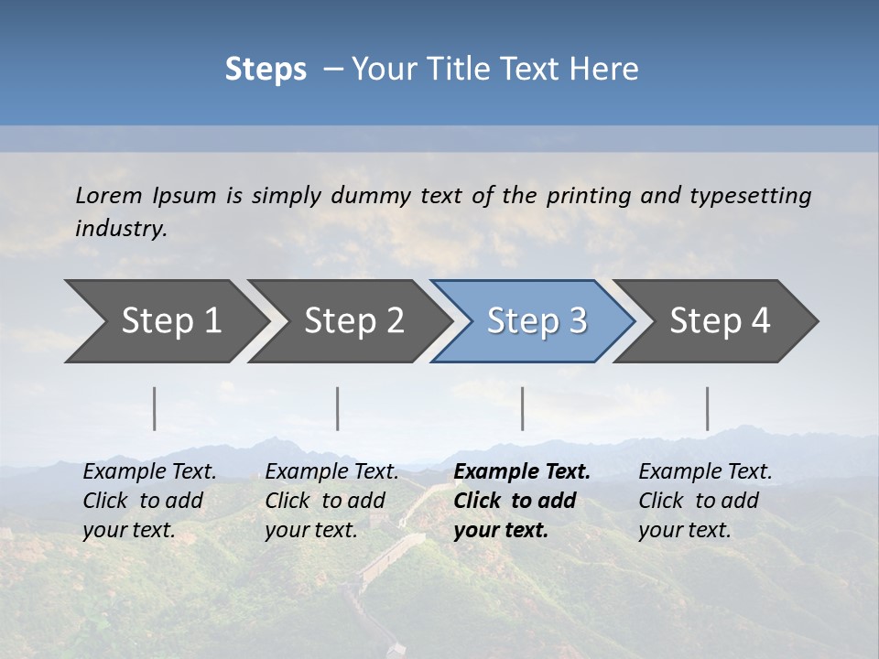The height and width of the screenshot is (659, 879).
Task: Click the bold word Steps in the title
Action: click(266, 70)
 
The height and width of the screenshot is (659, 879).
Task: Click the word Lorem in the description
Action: click(109, 195)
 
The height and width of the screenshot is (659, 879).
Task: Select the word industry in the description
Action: click(121, 229)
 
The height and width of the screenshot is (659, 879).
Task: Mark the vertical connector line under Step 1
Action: click(155, 408)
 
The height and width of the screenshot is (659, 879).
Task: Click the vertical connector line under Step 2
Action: click(338, 408)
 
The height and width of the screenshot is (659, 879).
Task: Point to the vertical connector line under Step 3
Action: click(523, 408)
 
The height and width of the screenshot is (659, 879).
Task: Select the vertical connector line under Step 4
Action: click(708, 408)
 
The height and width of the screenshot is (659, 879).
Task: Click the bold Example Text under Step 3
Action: click(522, 472)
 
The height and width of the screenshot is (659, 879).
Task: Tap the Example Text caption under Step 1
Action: click(149, 472)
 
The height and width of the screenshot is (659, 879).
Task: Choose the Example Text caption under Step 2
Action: click(331, 472)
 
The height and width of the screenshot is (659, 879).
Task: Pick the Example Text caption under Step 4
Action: click(705, 472)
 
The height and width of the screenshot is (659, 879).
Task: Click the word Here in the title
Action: click(604, 70)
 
